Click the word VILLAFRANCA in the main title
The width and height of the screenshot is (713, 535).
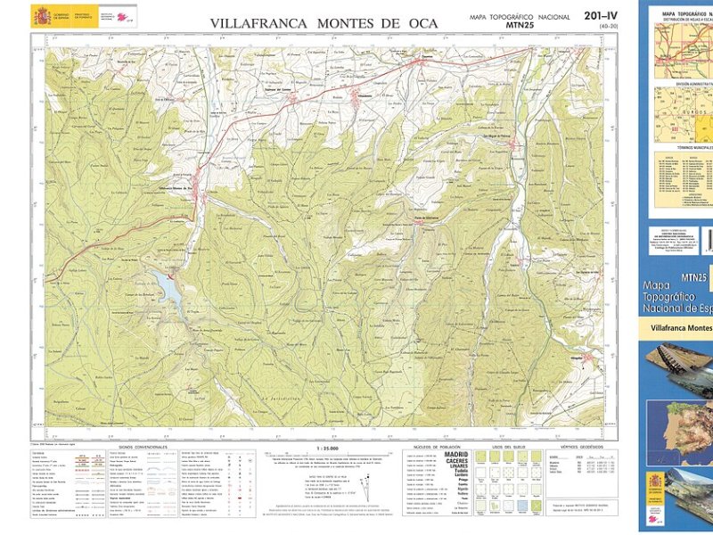point(258,23)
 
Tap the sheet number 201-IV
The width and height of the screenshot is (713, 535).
point(600,16)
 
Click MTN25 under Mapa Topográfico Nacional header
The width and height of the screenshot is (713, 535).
point(519,26)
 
